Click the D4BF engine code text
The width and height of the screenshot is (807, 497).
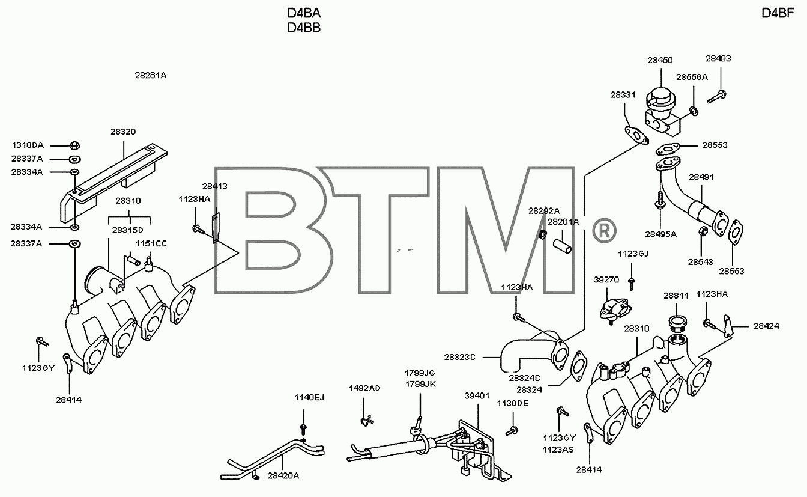778,13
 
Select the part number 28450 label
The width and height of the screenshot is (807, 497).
660,60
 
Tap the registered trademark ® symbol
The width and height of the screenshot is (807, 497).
604,230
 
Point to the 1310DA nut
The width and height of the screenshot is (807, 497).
74,145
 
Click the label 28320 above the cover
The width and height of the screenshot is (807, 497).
123,132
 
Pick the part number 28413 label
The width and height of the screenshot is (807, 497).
215,186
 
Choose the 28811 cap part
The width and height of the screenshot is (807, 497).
677,323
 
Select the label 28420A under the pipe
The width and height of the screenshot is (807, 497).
283,476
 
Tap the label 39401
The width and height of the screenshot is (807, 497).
477,395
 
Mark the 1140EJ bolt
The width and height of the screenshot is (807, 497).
303,429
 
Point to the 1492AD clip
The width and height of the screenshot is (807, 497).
367,420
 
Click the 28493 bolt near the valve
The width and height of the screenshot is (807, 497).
716,97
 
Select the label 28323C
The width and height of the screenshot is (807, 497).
460,357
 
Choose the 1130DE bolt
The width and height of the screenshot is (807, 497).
512,431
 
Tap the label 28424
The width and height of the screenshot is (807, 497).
766,326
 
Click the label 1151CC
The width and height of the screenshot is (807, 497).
151,244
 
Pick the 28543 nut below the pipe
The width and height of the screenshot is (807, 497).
703,231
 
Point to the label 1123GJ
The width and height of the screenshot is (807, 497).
633,254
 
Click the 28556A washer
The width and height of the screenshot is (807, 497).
694,111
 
